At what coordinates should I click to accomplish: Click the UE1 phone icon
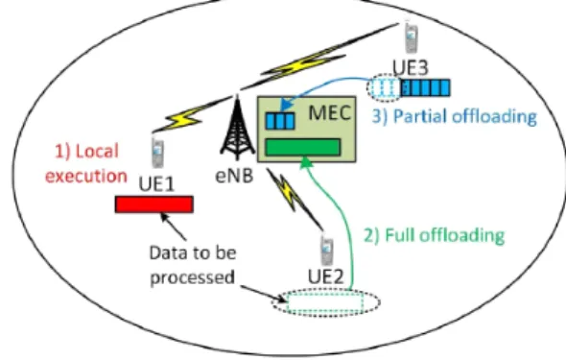tap(157, 153)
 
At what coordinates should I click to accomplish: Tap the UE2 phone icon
tap(327, 251)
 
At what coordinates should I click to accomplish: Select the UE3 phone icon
tap(411, 37)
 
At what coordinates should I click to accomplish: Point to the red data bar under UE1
tap(154, 204)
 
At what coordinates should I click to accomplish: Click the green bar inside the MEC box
tap(302, 147)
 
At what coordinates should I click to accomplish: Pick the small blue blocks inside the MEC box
tap(280, 121)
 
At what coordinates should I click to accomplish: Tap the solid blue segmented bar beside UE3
tap(425, 87)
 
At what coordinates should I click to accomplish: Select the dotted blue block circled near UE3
tap(385, 87)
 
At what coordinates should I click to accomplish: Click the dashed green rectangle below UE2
tap(325, 302)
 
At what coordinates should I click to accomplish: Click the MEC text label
tap(330, 112)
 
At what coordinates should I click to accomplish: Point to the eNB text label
tap(234, 177)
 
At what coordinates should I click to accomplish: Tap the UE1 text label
tap(156, 184)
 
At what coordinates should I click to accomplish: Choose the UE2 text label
tap(326, 276)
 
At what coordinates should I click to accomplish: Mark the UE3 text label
tap(411, 67)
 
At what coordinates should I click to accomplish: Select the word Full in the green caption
tap(398, 235)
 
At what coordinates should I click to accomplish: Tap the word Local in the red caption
tap(97, 151)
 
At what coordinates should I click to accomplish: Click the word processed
tap(192, 277)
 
